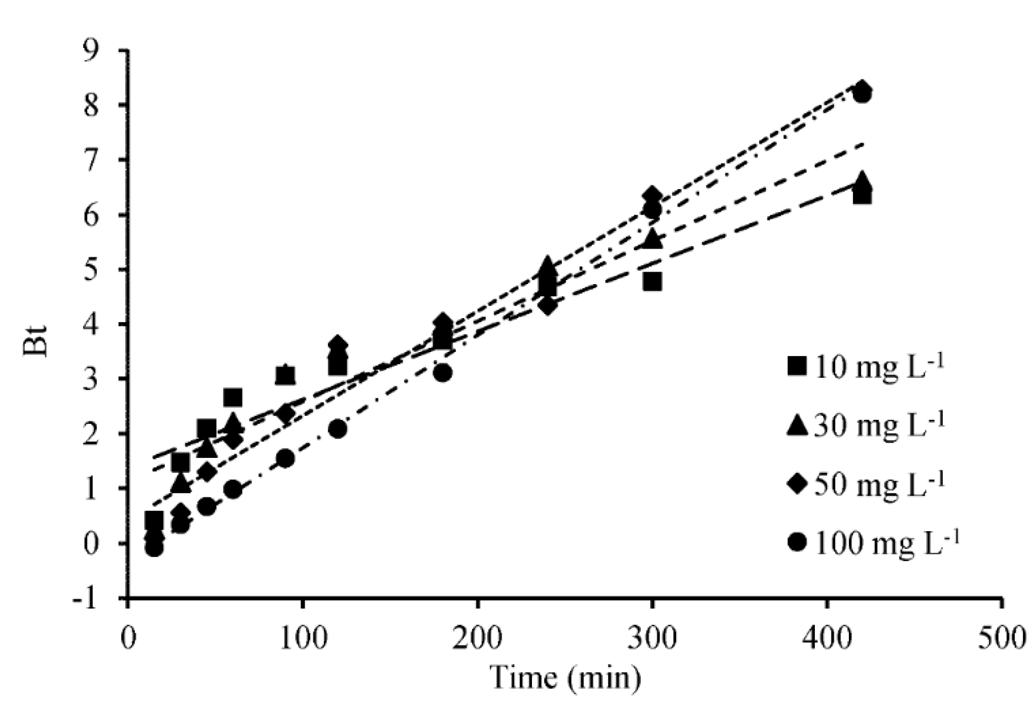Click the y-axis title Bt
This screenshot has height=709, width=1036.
coord(35,342)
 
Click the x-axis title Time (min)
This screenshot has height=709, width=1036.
coord(566,678)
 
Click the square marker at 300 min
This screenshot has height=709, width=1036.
coord(652,282)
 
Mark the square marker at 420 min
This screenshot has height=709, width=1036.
coord(862,196)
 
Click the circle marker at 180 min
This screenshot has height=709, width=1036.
coord(443,373)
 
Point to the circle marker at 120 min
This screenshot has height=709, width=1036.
coord(338,429)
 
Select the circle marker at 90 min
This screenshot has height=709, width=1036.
coord(285,459)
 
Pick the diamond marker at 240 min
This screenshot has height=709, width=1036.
coord(547,306)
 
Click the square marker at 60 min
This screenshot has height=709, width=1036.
coord(233,398)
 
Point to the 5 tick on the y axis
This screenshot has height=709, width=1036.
coord(105,270)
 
